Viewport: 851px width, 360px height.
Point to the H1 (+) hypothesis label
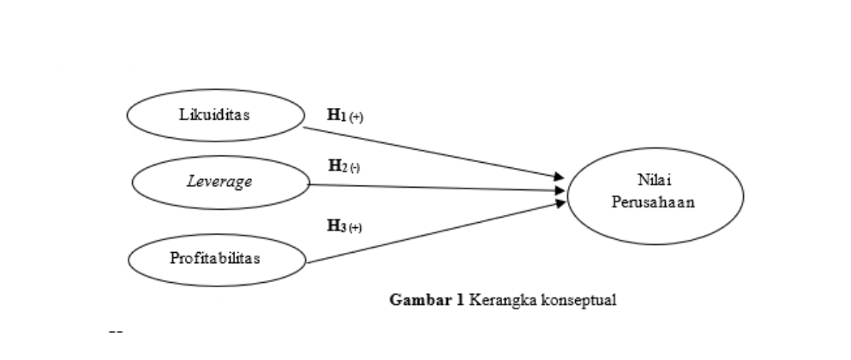[345, 115]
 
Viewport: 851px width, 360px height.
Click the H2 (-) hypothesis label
[344, 165]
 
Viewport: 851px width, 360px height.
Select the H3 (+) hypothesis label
[345, 226]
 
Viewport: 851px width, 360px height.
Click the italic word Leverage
[219, 182]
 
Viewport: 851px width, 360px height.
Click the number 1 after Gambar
[460, 300]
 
